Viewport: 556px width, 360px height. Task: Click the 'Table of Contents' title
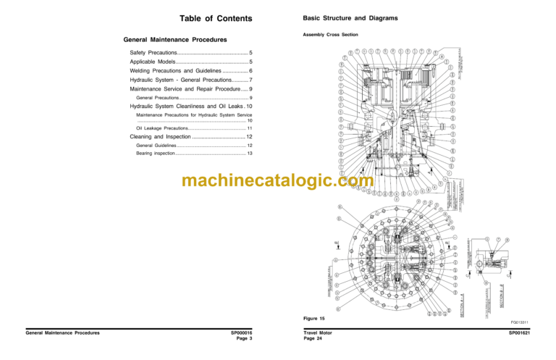pyautogui.click(x=215, y=19)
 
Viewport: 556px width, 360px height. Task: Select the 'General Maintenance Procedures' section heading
pyautogui.click(x=176, y=39)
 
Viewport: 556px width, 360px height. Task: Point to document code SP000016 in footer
pyautogui.click(x=241, y=333)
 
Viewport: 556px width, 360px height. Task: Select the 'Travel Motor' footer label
pyautogui.click(x=319, y=333)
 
